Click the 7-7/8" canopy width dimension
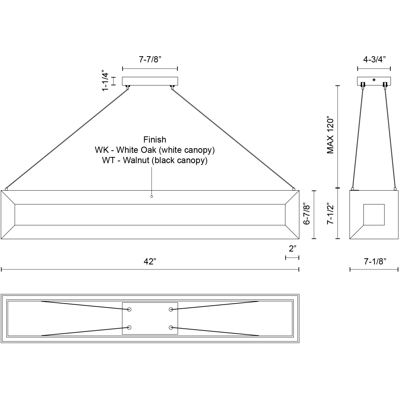pyautogui.click(x=150, y=60)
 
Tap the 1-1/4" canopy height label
pyautogui.click(x=105, y=80)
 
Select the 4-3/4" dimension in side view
pyautogui.click(x=374, y=60)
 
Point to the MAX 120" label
pyautogui.click(x=331, y=136)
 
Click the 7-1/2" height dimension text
pyautogui.click(x=331, y=215)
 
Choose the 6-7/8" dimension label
pyautogui.click(x=307, y=215)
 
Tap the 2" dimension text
pyautogui.click(x=292, y=249)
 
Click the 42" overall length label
pyautogui.click(x=150, y=262)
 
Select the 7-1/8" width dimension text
pyautogui.click(x=375, y=262)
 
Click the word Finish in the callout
pyautogui.click(x=155, y=140)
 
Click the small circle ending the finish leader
pyautogui.click(x=152, y=197)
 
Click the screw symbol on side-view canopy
pyautogui.click(x=374, y=80)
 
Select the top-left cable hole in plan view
pyautogui.click(x=129, y=309)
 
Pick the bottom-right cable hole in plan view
pyautogui.click(x=171, y=327)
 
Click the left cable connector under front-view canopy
pyautogui.click(x=128, y=87)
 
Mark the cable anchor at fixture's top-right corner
pyautogui.click(x=294, y=189)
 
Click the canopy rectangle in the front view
pyautogui.click(x=150, y=81)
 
